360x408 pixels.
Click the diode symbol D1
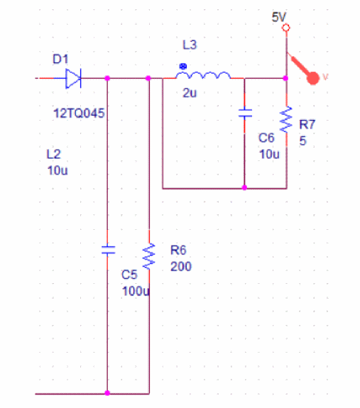[73, 78]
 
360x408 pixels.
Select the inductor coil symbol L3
[203, 75]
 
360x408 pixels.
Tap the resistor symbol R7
[286, 119]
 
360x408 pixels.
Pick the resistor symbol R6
[149, 256]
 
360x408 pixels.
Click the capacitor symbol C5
[109, 250]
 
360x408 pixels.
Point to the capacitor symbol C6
[245, 114]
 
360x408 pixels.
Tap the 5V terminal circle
[286, 28]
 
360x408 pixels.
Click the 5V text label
[279, 17]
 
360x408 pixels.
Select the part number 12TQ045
[79, 114]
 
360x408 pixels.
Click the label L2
[53, 154]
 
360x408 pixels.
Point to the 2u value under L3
[190, 93]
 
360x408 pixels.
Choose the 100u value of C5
[136, 291]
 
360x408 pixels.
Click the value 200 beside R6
[181, 267]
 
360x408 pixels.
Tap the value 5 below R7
[302, 140]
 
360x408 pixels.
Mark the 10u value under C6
[269, 154]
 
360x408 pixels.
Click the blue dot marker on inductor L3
[183, 67]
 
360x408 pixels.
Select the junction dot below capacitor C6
[244, 187]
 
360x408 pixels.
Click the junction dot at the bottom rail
[107, 393]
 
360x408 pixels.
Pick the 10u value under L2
[58, 171]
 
